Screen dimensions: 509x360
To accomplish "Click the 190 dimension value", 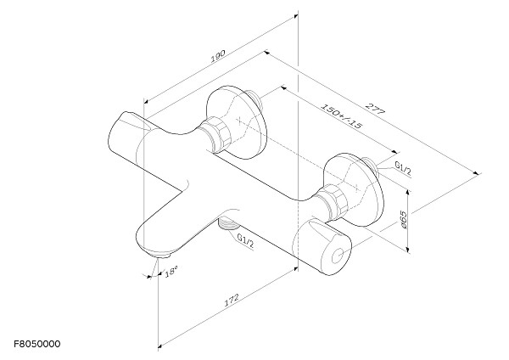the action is [x=218, y=56].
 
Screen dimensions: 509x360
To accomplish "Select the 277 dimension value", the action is [x=375, y=109].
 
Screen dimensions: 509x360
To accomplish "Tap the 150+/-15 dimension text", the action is [x=340, y=116].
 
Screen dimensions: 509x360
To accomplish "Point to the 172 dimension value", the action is [x=232, y=301].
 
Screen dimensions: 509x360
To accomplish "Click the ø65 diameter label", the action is [x=404, y=220].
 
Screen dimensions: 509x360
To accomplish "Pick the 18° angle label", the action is [x=171, y=272].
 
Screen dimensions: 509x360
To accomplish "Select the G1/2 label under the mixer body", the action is [x=245, y=241].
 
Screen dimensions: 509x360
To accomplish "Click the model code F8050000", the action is [x=37, y=344].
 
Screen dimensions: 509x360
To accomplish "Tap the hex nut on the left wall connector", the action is [x=217, y=134].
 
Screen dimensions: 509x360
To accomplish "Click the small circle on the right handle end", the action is [x=338, y=256].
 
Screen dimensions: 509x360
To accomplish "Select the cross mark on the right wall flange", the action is [x=357, y=187].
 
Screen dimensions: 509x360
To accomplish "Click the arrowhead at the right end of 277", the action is [x=476, y=173].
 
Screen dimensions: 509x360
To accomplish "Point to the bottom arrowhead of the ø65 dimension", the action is [x=408, y=250].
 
